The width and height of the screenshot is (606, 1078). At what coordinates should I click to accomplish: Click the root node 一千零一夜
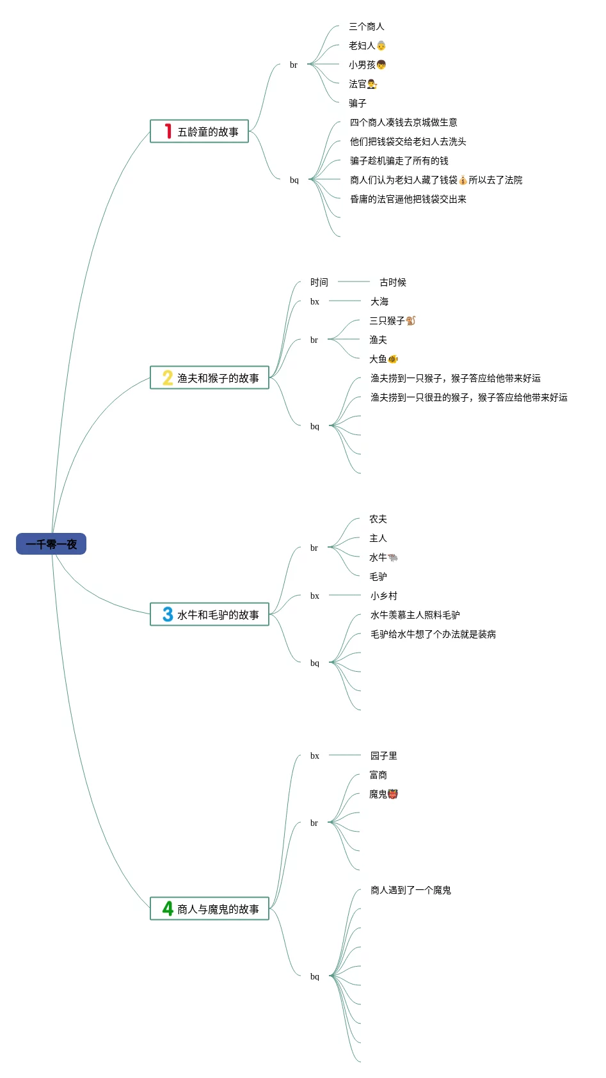pos(51,544)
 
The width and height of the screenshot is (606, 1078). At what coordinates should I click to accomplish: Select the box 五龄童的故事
pos(199,132)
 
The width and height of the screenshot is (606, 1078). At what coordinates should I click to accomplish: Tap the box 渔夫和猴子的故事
pos(209,378)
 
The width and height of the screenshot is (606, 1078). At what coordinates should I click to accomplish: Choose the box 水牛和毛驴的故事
pos(209,615)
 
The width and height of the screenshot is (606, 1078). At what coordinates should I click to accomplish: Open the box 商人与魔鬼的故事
pos(209,909)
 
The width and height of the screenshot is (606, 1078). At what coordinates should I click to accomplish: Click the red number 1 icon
pos(168,131)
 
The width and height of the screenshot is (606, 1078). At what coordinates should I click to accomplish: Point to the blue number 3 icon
pos(168,614)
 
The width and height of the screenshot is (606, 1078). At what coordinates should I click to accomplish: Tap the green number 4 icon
pos(168,908)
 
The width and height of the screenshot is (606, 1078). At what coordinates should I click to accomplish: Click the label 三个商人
pos(367,27)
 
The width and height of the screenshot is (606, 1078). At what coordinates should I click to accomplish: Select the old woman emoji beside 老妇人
pos(381,46)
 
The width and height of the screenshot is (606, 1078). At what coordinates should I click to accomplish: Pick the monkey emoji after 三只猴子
pos(411,321)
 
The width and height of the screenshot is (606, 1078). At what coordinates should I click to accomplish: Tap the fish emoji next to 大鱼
pos(393,359)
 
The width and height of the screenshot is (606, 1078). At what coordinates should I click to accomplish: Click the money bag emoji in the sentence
pos(463,180)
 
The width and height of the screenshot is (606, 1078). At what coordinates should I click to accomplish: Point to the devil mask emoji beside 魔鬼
pos(393,794)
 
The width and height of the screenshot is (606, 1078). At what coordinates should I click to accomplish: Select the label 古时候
pos(393,283)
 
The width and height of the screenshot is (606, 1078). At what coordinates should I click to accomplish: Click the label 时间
pos(319,283)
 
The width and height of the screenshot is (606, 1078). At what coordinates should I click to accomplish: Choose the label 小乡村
pos(384,596)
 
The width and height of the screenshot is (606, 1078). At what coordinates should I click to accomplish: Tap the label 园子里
pos(384,756)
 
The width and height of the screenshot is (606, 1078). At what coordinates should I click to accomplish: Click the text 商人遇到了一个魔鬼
pos(411,891)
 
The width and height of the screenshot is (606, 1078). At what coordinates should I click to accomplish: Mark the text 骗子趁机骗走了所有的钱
pos(399,161)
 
